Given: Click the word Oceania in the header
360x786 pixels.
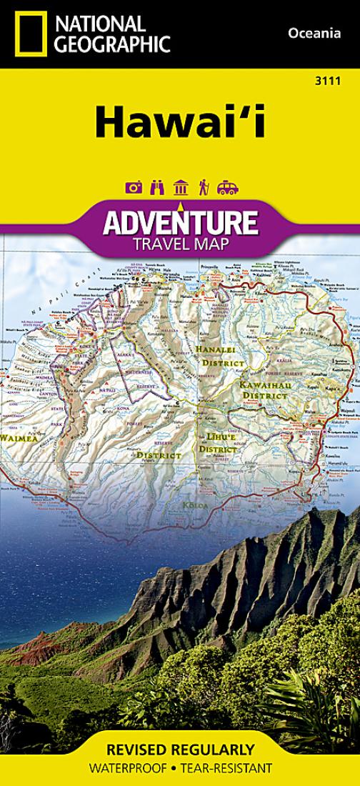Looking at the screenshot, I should [313, 32].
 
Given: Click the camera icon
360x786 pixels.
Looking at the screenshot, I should [134, 187].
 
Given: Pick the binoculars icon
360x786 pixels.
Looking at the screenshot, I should [156, 187].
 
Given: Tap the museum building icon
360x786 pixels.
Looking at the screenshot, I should [180, 187].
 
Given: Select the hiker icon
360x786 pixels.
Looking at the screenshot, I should [203, 187].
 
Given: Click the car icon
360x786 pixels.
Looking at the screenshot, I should [227, 187].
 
